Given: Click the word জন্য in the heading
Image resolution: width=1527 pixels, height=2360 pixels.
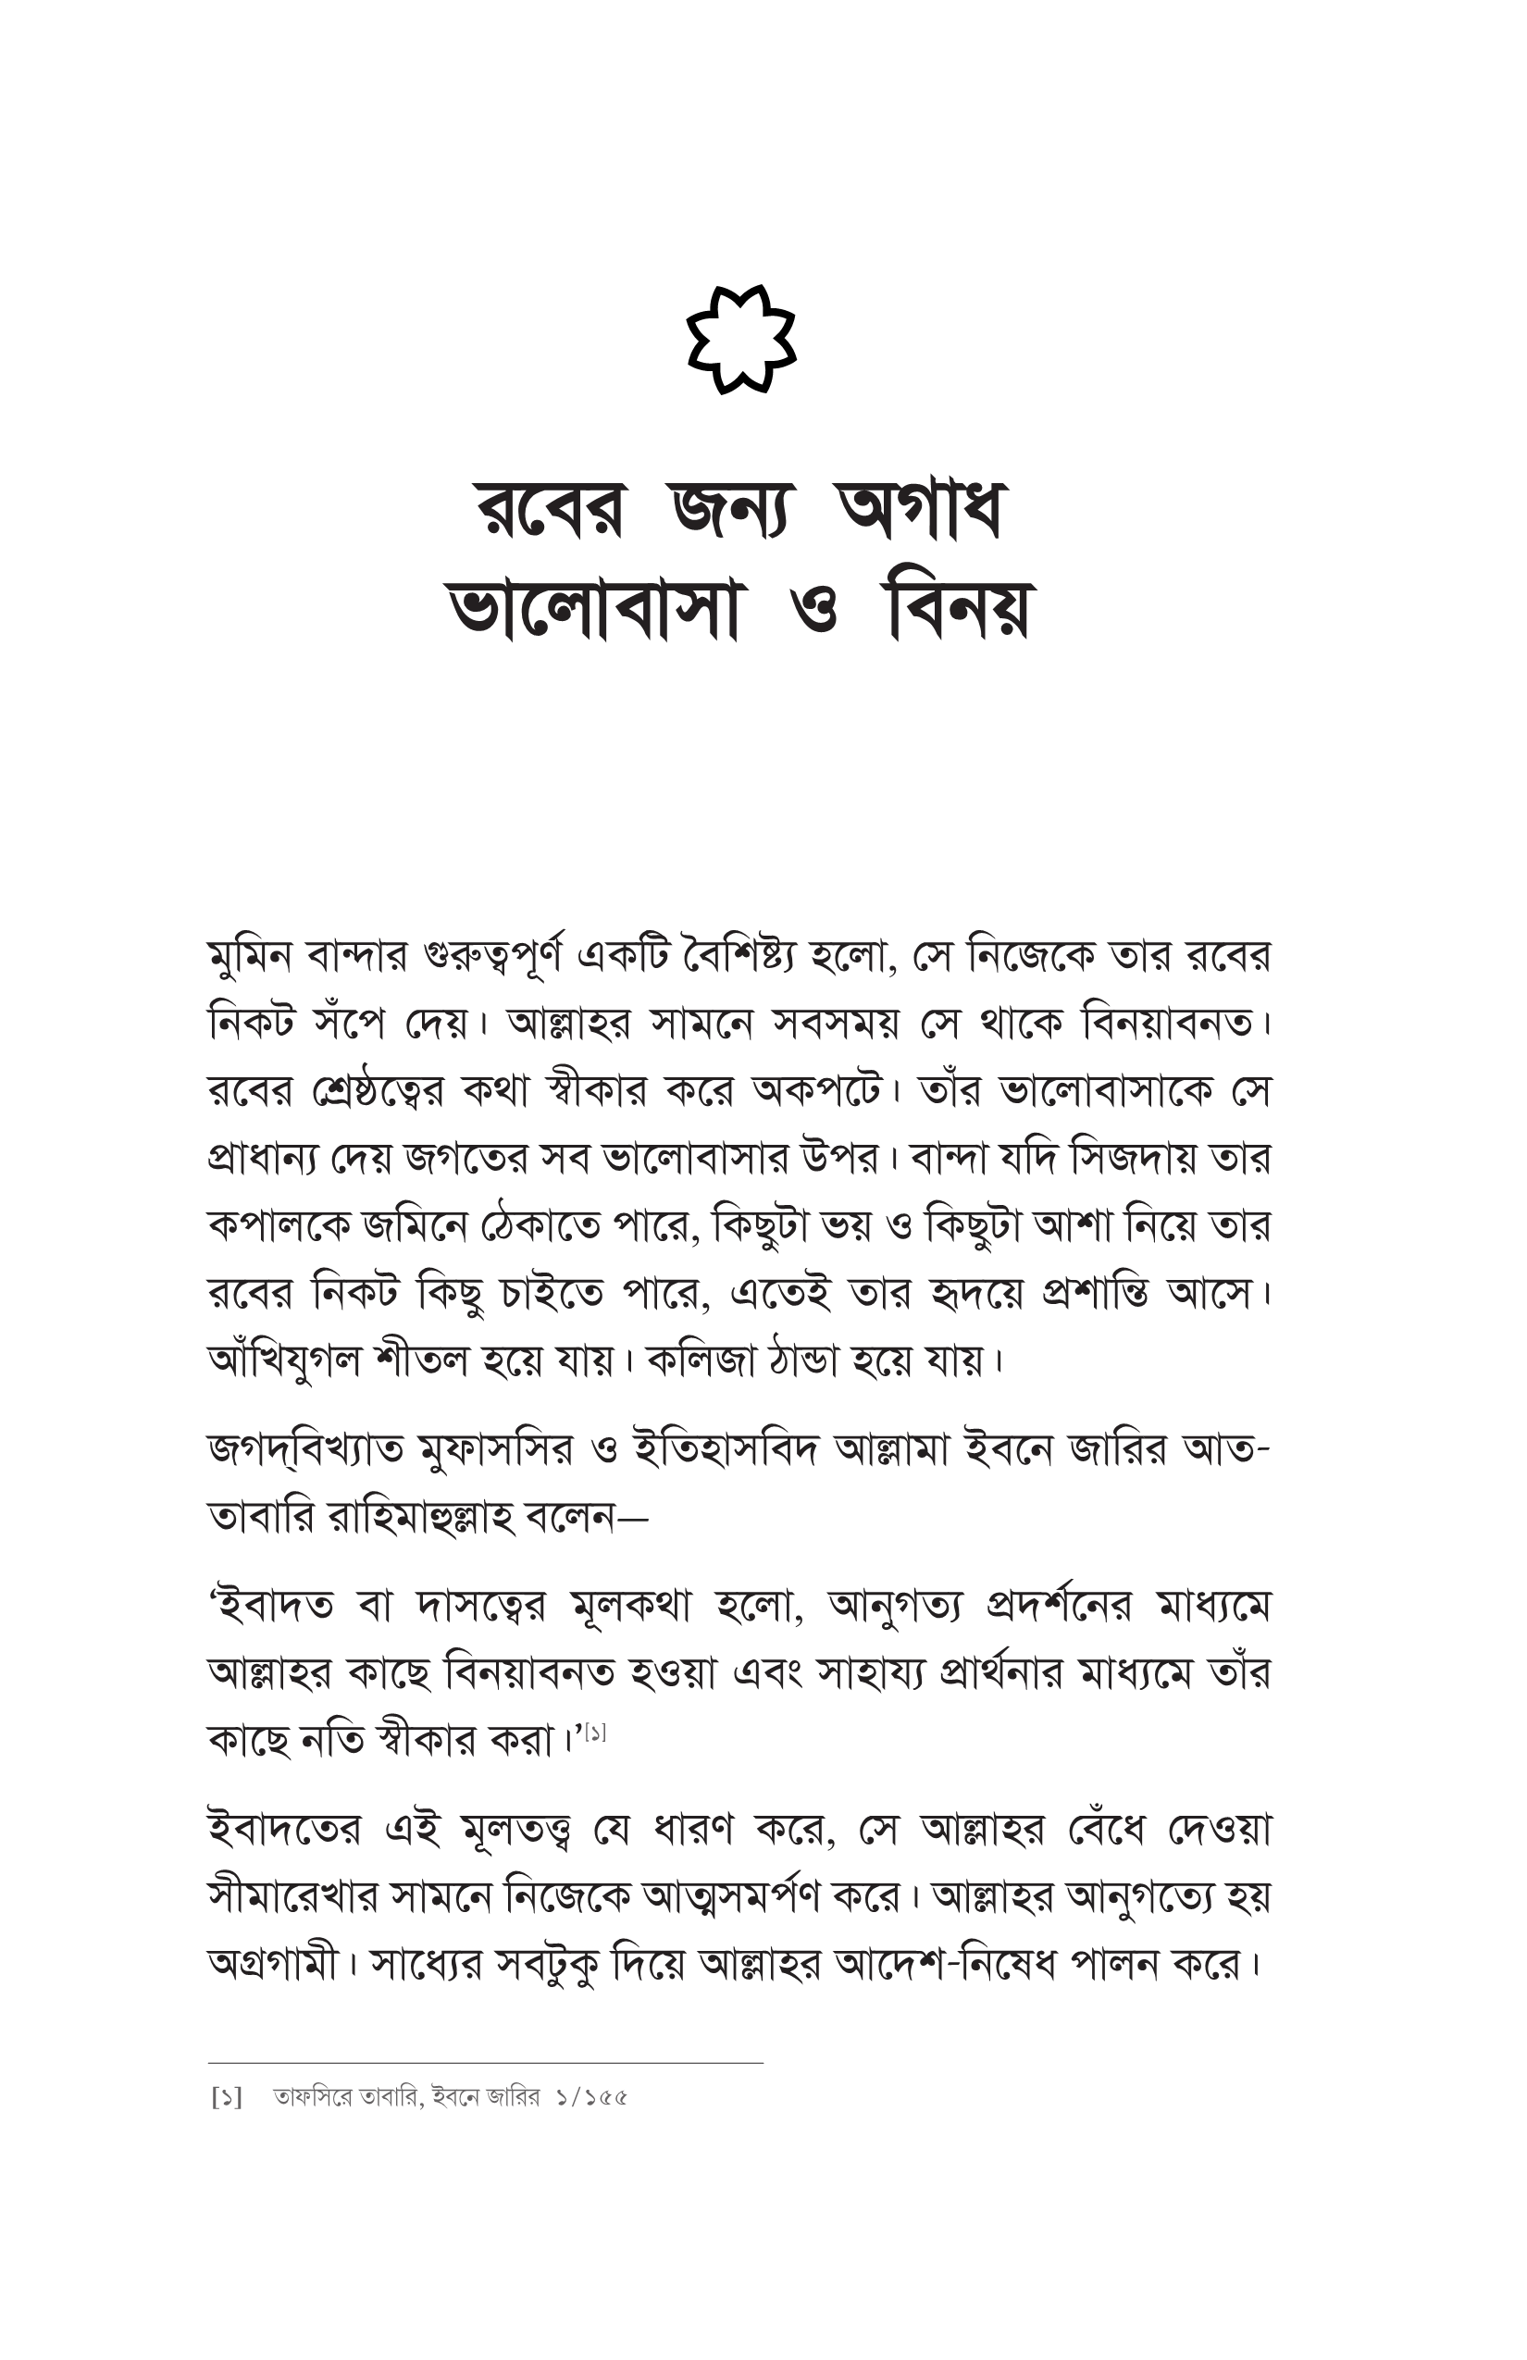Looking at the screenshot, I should pyautogui.click(x=731, y=511).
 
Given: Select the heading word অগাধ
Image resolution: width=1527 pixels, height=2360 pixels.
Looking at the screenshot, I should pyautogui.click(x=921, y=511).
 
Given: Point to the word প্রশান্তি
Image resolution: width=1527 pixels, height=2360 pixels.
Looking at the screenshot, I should pyautogui.click(x=1095, y=1293).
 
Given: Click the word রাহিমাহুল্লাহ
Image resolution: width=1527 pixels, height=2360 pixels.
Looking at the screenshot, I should pyautogui.click(x=419, y=1517).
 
